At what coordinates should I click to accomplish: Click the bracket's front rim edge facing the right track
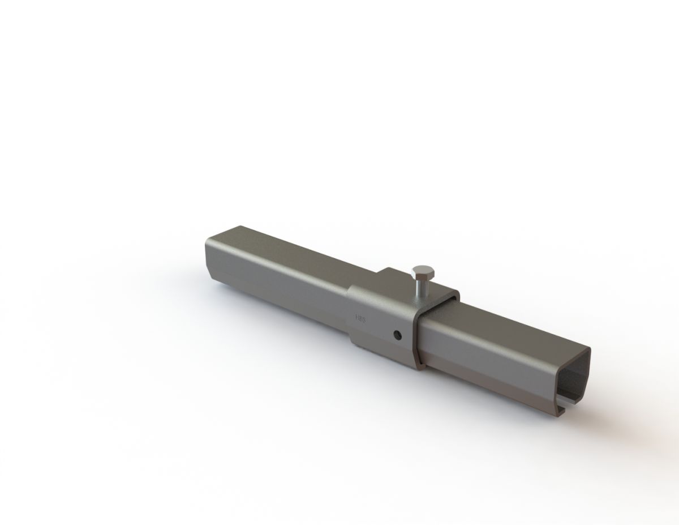click(416, 340)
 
